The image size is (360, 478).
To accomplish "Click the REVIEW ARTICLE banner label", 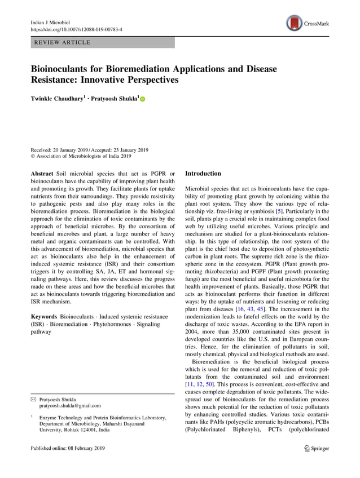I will [x=62, y=43].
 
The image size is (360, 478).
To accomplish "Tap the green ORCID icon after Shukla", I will [x=142, y=100].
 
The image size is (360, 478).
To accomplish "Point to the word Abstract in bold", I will [x=43, y=174].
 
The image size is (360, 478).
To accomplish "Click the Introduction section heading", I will [x=203, y=174].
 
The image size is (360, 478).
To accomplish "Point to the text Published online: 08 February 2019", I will [x=67, y=449].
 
